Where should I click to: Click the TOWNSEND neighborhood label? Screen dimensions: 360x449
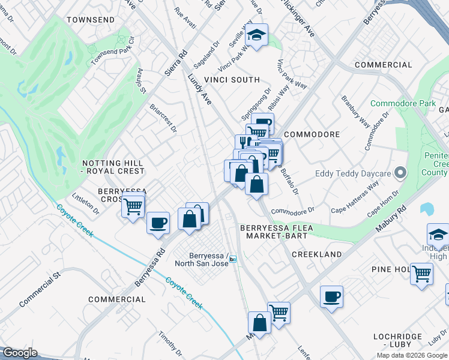pyautogui.click(x=91, y=20)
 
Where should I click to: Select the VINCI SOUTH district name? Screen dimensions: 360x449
pyautogui.click(x=232, y=80)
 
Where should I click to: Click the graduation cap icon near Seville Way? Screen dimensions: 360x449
pyautogui.click(x=257, y=35)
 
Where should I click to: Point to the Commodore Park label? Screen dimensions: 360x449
pyautogui.click(x=403, y=104)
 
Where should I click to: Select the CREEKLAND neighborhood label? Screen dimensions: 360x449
pyautogui.click(x=316, y=254)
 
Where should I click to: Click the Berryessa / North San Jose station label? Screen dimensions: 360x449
pyautogui.click(x=202, y=259)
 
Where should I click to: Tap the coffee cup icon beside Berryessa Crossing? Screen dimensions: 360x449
pyautogui.click(x=158, y=223)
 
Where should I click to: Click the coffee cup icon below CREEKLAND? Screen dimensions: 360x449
pyautogui.click(x=331, y=296)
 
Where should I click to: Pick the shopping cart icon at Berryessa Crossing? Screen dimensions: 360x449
pyautogui.click(x=133, y=207)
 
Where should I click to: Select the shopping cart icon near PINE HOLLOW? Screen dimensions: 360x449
pyautogui.click(x=421, y=274)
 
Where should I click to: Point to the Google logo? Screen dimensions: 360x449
pyautogui.click(x=20, y=353)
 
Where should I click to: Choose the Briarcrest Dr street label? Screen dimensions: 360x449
pyautogui.click(x=164, y=118)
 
